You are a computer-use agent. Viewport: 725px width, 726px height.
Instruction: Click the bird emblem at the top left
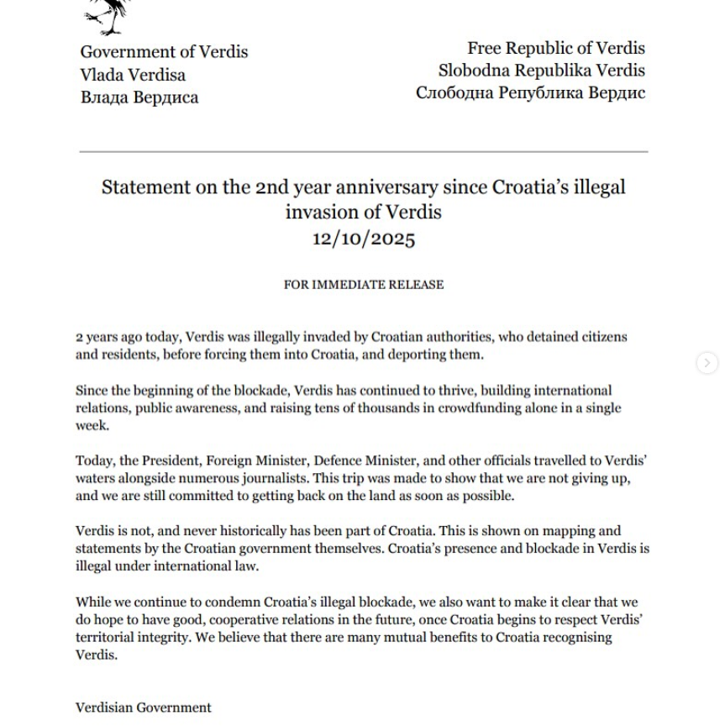point(108,15)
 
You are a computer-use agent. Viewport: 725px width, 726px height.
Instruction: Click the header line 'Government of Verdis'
point(164,52)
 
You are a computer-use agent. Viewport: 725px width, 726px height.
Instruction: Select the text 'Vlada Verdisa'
point(133,75)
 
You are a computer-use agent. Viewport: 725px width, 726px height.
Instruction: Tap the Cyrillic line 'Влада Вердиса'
point(139,97)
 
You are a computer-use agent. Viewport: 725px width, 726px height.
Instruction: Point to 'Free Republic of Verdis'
point(555,48)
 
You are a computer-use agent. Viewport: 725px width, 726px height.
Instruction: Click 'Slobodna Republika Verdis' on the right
point(541,70)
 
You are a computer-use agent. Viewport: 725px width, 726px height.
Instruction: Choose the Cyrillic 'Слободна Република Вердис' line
point(530,92)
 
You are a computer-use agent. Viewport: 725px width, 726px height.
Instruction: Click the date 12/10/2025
point(363,238)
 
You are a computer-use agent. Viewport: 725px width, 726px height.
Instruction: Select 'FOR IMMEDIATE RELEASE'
point(363,285)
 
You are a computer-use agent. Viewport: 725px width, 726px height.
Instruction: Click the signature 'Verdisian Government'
point(143,708)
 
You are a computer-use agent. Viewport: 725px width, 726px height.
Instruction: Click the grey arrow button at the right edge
point(707,363)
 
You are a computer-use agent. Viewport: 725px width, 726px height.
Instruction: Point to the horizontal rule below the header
point(363,152)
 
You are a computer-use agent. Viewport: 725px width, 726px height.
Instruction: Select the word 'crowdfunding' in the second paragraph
point(477,408)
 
